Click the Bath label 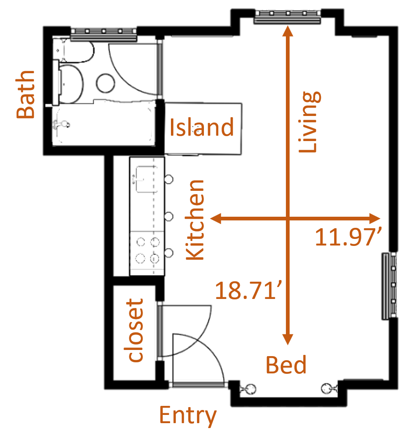(26, 95)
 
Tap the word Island (202, 127)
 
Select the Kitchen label (195, 220)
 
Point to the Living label (309, 122)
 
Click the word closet (135, 331)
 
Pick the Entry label (188, 416)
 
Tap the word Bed (286, 365)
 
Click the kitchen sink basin (147, 179)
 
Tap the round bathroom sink (105, 83)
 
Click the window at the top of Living (287, 16)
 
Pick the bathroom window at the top (103, 33)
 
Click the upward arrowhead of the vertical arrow (288, 31)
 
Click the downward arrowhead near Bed (288, 339)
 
